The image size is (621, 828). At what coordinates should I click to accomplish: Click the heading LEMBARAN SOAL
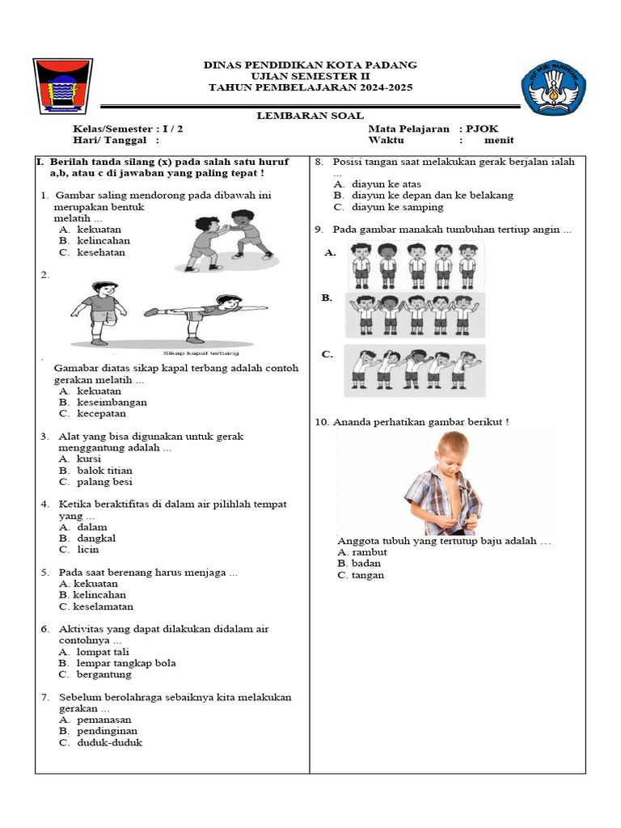click(310, 116)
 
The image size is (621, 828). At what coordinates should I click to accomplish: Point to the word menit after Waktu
click(499, 140)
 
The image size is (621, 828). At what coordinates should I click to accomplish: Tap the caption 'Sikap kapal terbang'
click(201, 353)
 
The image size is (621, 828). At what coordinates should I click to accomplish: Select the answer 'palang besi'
click(104, 482)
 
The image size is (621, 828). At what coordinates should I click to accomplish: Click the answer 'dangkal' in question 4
click(96, 539)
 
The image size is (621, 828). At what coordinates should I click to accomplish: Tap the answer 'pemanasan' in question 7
click(103, 720)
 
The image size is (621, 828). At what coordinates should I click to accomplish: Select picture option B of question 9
click(415, 315)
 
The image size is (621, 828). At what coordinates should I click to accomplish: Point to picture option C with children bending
click(414, 371)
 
